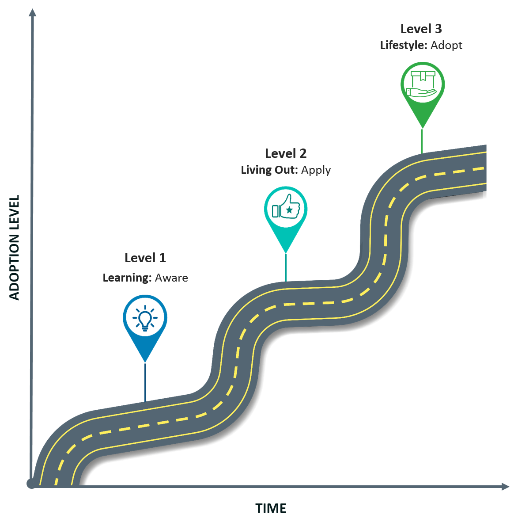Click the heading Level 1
145,258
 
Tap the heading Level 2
286,153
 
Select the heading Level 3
421,29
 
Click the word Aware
171,278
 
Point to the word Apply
316,170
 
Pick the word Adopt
446,46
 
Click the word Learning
127,278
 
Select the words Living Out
269,170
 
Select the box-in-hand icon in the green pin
422,84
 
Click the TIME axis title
271,508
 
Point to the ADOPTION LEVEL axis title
15,248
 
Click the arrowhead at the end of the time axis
506,487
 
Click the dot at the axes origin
31,484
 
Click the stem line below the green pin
422,141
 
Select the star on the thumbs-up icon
289,210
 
